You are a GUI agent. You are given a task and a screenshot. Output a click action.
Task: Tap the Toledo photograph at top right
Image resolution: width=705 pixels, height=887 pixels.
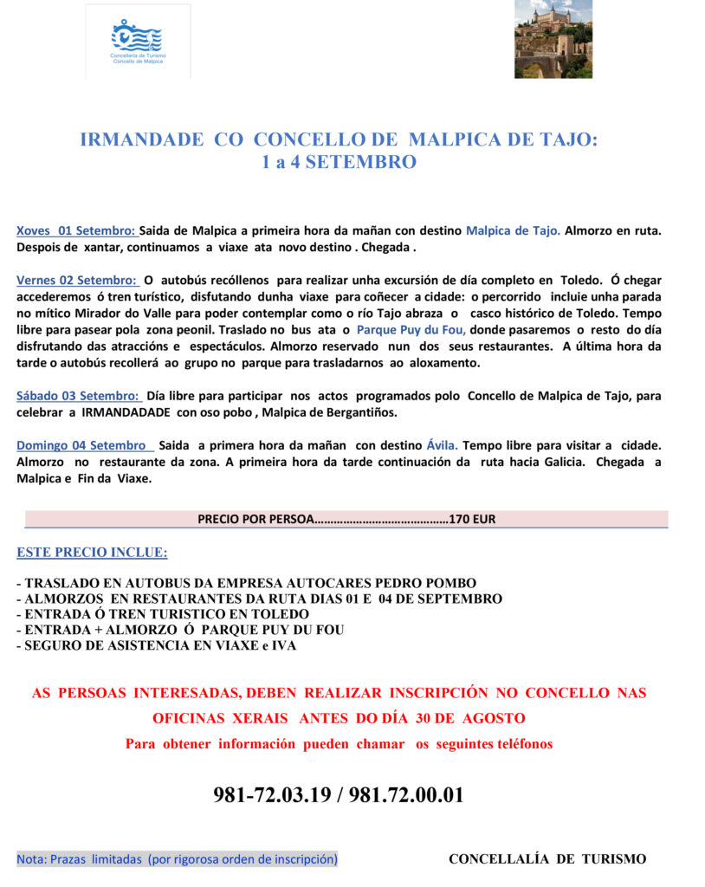click(553, 39)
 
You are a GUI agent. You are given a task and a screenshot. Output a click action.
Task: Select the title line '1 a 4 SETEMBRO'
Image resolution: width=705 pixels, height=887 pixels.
click(339, 162)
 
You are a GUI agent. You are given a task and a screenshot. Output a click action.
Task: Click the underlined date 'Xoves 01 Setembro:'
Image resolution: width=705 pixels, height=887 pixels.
click(76, 231)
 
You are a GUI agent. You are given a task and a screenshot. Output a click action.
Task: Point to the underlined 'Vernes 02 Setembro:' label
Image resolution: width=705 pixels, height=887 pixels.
click(77, 281)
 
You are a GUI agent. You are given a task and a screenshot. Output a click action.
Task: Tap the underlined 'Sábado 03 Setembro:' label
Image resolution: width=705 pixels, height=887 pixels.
click(79, 396)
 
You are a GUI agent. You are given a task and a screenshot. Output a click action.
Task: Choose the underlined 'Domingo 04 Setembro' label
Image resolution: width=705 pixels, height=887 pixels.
click(82, 445)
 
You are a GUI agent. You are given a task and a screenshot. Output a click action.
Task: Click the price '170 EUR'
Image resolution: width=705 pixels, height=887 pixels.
click(472, 520)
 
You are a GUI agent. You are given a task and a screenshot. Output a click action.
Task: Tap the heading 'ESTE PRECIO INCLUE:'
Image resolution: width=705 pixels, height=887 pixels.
click(92, 553)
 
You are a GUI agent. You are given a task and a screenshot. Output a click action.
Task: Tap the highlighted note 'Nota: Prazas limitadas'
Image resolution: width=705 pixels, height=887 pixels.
click(177, 859)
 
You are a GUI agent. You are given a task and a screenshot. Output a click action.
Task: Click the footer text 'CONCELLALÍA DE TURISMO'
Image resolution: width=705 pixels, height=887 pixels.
click(547, 859)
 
